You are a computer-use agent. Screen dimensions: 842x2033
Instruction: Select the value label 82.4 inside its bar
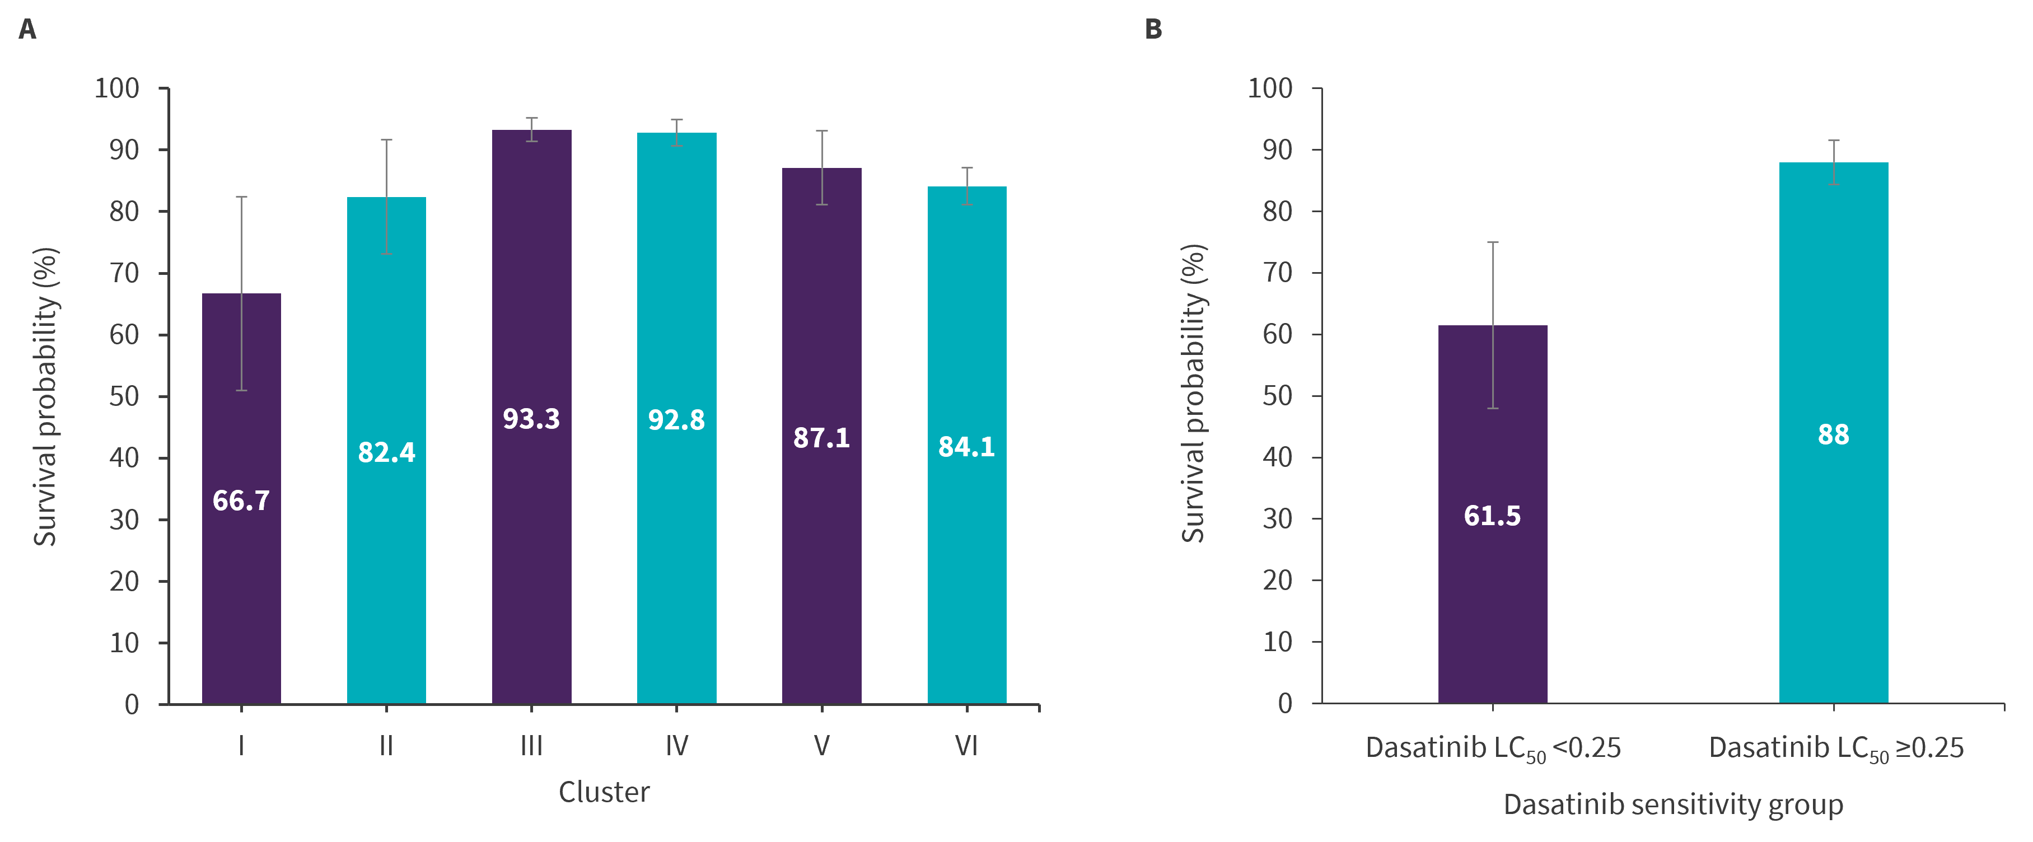386,452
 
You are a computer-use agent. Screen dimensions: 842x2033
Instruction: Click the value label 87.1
821,438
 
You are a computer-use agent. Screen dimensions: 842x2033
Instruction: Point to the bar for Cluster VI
967,553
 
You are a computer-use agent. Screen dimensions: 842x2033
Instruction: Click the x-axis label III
531,746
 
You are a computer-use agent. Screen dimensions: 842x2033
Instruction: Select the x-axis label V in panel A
821,746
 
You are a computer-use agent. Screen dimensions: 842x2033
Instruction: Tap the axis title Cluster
604,792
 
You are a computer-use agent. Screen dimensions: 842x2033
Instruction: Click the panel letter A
27,30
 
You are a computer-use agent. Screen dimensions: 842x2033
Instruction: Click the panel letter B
1153,30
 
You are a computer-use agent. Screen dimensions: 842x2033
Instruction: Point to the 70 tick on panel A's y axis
124,273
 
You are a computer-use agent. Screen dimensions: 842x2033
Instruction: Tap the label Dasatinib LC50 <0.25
1492,748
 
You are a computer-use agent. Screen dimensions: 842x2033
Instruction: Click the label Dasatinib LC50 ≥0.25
1836,748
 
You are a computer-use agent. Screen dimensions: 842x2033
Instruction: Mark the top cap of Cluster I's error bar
241,197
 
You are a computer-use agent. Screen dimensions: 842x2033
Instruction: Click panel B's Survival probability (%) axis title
1193,393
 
